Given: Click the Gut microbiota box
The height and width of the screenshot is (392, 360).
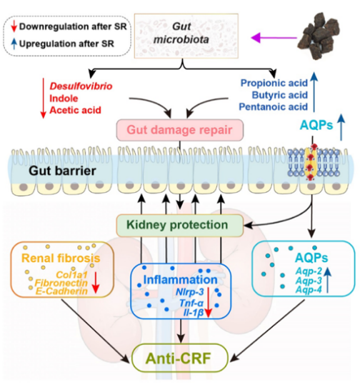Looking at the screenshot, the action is (x=186, y=36).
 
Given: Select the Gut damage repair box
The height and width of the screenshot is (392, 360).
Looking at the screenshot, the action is (x=180, y=130).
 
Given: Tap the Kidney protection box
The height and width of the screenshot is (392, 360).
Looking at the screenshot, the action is (x=180, y=225).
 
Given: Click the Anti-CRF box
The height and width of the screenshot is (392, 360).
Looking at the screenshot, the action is (x=180, y=358).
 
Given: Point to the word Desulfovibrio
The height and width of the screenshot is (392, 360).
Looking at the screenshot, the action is (x=81, y=86).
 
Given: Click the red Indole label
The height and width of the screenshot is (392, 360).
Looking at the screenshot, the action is (x=64, y=99).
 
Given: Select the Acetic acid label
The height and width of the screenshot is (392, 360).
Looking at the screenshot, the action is (x=75, y=110).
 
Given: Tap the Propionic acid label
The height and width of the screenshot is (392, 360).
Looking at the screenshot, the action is (x=274, y=83).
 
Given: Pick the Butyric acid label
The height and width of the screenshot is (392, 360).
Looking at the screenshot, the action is (x=280, y=95).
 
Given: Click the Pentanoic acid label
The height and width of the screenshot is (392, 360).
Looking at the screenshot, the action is (x=273, y=107).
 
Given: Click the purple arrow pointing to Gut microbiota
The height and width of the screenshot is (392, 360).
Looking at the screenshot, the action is (x=274, y=38).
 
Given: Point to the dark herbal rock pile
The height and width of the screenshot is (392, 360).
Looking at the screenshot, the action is (x=319, y=35).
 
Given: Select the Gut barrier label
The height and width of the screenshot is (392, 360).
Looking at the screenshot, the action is (x=62, y=171).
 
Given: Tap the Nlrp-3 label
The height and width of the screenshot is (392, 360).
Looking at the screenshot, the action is (x=189, y=292).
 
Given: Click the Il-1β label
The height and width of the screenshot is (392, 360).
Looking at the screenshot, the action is (x=193, y=313).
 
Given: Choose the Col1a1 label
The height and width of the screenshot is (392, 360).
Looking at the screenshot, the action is (x=72, y=275).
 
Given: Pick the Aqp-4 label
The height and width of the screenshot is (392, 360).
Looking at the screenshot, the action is (x=309, y=290).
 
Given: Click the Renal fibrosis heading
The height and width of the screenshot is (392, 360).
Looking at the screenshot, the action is (x=61, y=258).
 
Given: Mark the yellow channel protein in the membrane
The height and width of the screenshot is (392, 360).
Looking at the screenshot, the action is (x=311, y=164).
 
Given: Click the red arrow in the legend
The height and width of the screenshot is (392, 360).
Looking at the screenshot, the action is (x=14, y=26).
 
